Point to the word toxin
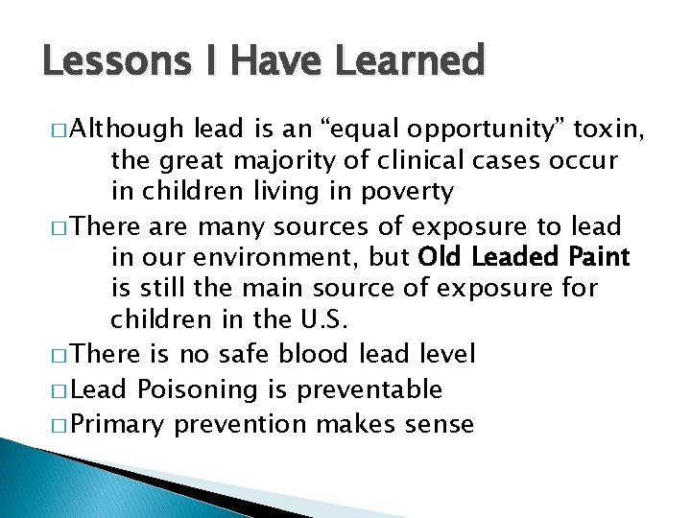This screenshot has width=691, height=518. coord(612,129)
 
